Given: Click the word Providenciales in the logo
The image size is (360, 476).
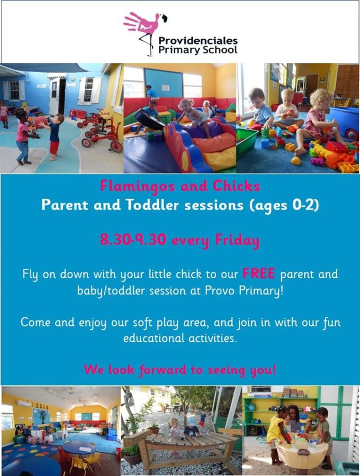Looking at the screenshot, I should point(198,41).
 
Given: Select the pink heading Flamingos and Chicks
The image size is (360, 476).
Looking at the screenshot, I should point(179,186).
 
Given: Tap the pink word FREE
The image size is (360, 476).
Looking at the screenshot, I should point(259,273).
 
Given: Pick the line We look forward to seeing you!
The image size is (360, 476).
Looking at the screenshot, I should point(179,370).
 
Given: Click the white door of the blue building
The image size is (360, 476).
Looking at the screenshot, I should point(55,97).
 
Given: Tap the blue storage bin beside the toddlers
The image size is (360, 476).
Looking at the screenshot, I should point(344,122).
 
